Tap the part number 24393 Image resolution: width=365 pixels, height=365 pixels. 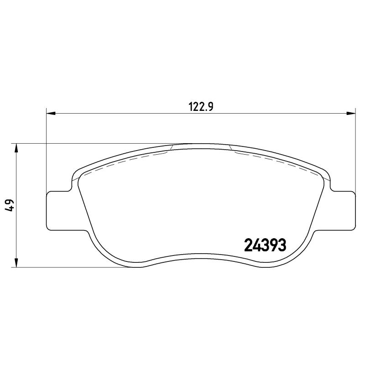265,246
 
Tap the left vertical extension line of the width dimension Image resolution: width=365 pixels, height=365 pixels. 47,151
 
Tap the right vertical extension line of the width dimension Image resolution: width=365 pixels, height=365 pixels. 355,151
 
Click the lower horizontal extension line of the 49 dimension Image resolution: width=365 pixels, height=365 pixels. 68,267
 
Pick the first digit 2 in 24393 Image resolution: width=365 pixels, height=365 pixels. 249,246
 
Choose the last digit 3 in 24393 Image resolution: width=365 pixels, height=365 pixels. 282,246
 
